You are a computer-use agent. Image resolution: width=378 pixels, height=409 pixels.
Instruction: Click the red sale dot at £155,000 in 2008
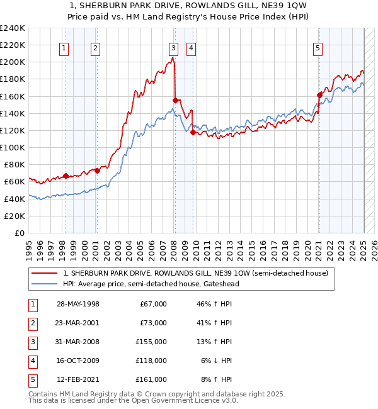tap(175, 99)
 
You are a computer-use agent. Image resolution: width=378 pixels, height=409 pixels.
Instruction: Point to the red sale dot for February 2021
tap(319, 95)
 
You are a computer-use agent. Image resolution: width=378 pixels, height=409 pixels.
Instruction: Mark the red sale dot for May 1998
tap(66, 176)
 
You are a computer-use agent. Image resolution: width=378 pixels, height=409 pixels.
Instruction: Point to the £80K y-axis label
tap(14, 164)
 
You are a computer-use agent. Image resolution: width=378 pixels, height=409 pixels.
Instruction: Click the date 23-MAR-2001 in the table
tap(78, 323)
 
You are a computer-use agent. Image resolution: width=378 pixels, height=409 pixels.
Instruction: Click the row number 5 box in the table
tap(32, 379)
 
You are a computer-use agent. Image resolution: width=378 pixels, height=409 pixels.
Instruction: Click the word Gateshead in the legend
tap(220, 284)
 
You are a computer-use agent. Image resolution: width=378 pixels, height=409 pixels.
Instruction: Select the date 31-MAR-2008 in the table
tap(78, 342)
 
